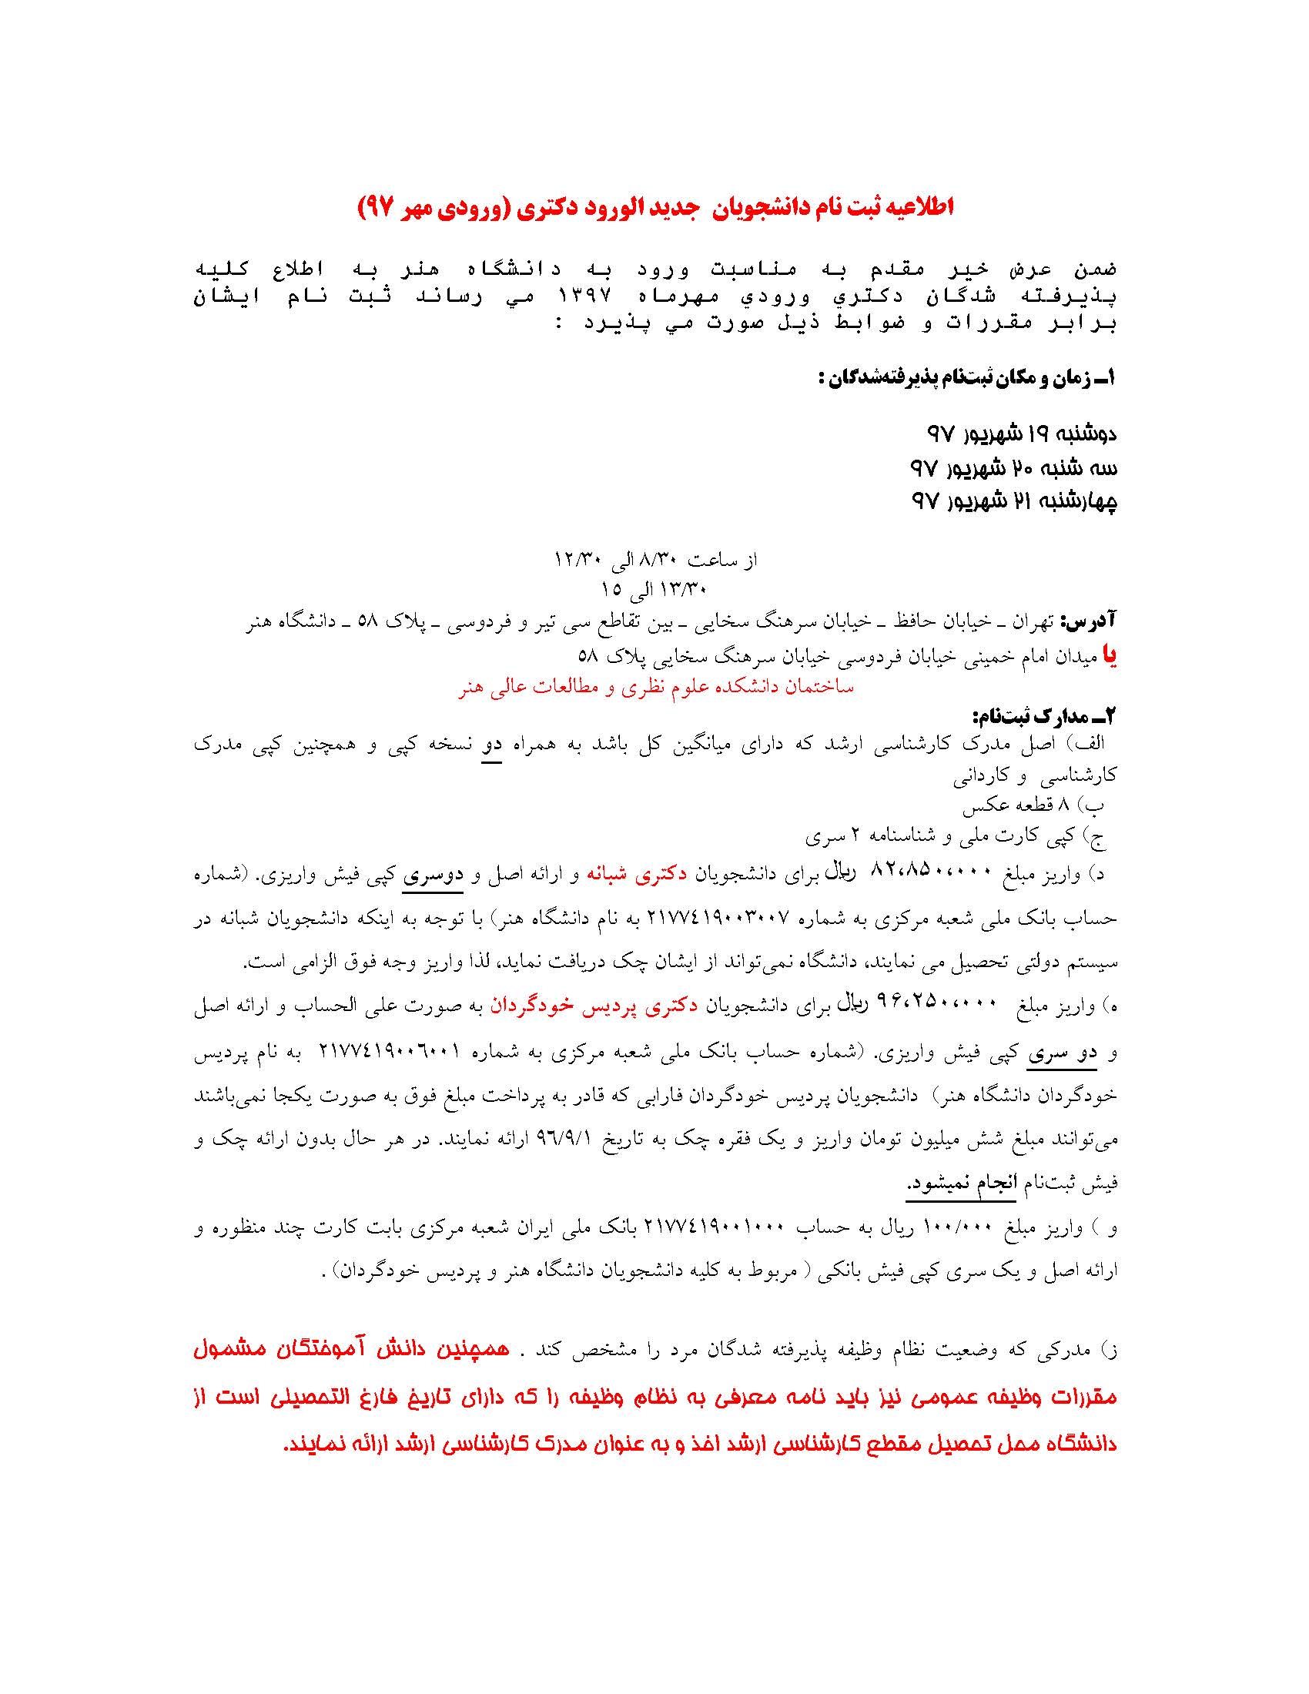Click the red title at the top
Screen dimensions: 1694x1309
tap(654, 207)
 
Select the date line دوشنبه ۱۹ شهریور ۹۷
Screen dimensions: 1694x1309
tap(1021, 434)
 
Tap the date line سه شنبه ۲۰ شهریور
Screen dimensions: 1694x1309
tap(1013, 467)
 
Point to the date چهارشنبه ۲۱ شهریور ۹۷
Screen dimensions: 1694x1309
tap(1013, 502)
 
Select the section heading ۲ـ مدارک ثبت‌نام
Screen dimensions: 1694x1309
tap(1045, 713)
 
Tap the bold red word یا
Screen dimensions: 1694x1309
tap(1110, 656)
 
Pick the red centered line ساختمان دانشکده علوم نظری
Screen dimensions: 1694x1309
tap(656, 687)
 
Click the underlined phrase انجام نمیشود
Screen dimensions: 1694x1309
tap(961, 1184)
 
